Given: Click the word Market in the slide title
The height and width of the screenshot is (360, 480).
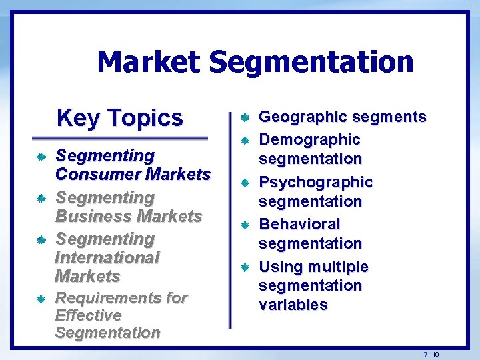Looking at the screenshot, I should [148, 62].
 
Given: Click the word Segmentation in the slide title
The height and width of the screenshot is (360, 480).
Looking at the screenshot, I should [311, 62].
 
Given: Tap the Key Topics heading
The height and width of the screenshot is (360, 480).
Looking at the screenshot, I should [119, 117].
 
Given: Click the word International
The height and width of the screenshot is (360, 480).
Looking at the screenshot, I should [107, 257].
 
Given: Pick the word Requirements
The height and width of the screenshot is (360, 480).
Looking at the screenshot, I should [102, 297].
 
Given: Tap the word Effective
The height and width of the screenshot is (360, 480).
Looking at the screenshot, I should [88, 315].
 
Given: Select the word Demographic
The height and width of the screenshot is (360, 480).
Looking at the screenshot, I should [309, 139].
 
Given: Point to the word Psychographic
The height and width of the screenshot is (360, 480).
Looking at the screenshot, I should [315, 182].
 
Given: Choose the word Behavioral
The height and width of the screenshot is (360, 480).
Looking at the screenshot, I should [299, 224].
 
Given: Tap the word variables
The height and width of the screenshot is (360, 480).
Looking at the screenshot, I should [293, 305].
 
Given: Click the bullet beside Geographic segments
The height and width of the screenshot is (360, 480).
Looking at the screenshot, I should [245, 118].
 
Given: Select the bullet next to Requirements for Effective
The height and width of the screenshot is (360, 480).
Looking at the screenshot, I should [41, 299].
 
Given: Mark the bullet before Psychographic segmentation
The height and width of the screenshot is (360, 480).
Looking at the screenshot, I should [245, 183].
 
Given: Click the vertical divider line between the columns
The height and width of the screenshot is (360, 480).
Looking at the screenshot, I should [230, 220].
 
